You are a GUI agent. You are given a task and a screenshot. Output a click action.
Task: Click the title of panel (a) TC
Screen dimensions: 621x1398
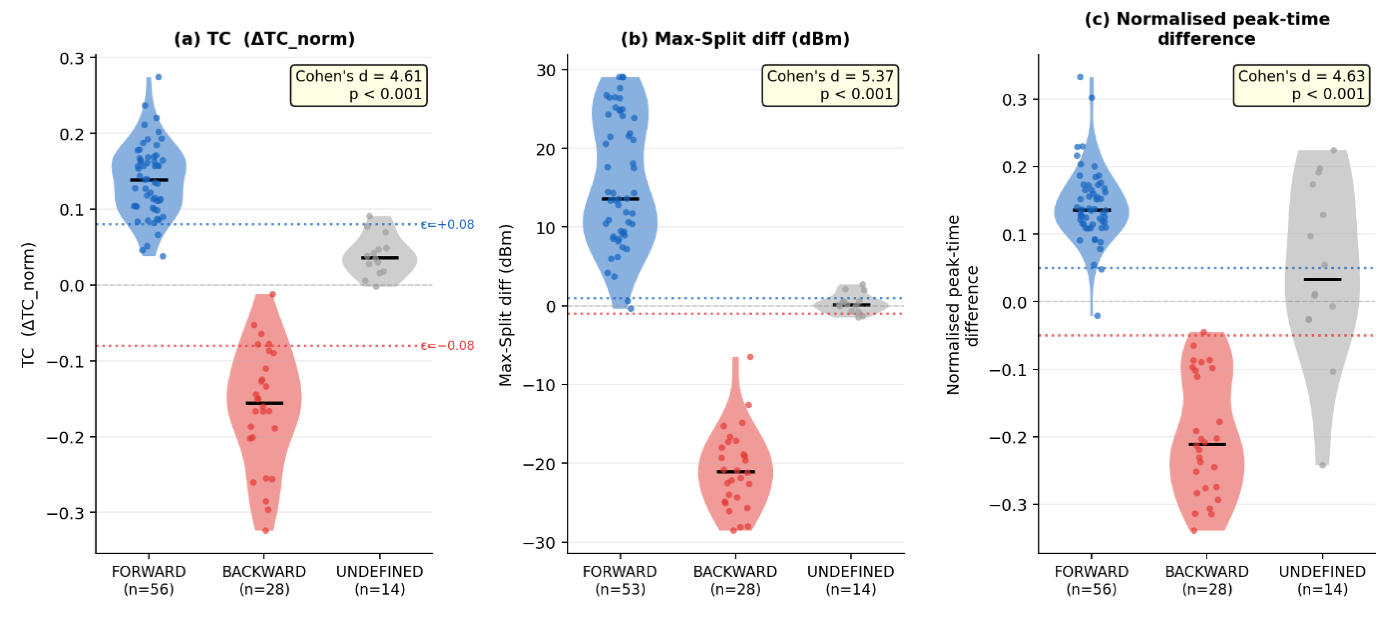pos(264,38)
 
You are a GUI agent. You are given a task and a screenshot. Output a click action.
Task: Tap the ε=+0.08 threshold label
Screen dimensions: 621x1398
pos(447,224)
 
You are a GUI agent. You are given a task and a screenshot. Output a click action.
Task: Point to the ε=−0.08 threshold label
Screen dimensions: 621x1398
pos(447,345)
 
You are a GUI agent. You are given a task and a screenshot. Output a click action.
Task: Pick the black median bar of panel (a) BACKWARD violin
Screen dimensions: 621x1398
pos(264,403)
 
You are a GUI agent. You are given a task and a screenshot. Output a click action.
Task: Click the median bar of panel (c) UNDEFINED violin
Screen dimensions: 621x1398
pos(1323,279)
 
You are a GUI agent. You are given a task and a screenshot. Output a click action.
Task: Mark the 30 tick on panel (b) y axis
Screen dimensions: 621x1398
pos(545,70)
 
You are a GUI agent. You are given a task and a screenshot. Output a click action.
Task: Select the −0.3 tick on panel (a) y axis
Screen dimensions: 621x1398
pos(65,513)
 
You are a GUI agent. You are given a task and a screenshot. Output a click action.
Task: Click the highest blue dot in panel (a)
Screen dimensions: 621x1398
pos(159,77)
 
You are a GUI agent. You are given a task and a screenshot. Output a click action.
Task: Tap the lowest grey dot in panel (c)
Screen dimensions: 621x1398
pos(1323,465)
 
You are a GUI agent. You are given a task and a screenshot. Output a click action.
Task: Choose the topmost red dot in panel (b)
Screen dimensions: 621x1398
pos(750,357)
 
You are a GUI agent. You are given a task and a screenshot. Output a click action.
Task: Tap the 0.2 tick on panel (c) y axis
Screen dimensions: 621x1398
pos(1014,167)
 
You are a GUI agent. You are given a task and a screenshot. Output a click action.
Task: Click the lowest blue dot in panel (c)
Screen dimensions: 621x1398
pos(1097,316)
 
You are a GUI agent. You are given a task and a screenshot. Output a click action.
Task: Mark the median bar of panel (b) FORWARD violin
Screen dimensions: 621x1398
pos(620,198)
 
